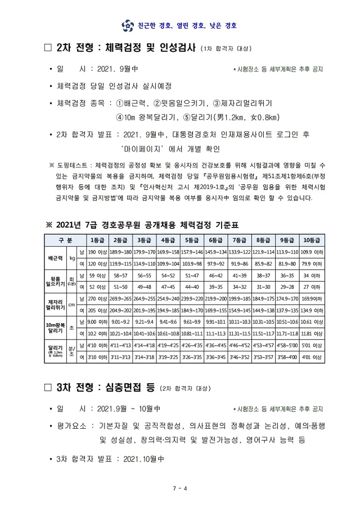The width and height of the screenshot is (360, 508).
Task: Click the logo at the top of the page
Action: click(125, 25)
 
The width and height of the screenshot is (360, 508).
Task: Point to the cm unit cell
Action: click(72, 305)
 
